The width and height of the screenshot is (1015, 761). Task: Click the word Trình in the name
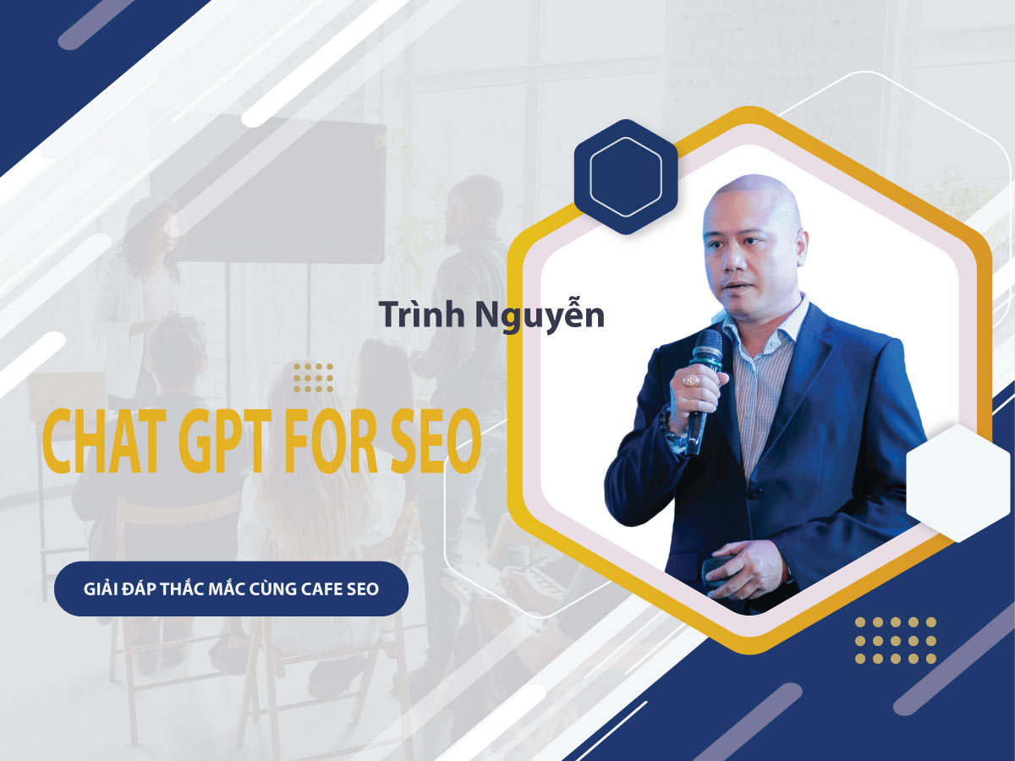pos(422,315)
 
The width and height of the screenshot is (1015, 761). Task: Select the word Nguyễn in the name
pos(540,316)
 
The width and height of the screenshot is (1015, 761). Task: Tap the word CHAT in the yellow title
pos(104,442)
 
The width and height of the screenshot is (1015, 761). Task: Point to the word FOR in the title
pos(332,442)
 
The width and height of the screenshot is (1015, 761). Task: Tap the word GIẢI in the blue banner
pos(101,589)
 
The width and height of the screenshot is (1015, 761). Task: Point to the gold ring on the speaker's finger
pos(692,380)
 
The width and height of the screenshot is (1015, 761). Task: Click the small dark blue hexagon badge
pos(626,177)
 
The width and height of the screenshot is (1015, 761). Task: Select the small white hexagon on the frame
pos(958,484)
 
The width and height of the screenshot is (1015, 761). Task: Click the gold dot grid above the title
pos(313,378)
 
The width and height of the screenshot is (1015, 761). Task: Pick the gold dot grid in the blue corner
pos(895,640)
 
